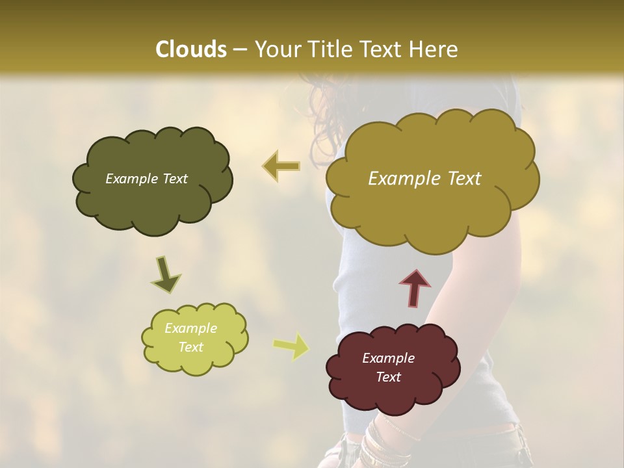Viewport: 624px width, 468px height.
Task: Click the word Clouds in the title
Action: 191,49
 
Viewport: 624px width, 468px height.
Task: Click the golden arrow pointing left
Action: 281,166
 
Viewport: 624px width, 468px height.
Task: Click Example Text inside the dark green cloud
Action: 146,179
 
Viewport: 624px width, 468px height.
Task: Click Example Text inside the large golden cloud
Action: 424,179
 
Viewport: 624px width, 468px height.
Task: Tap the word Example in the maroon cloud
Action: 388,358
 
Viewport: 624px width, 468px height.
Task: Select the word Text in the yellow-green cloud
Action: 190,348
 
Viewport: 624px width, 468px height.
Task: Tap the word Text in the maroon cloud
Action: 388,378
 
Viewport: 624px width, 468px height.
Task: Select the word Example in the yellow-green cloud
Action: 190,329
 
